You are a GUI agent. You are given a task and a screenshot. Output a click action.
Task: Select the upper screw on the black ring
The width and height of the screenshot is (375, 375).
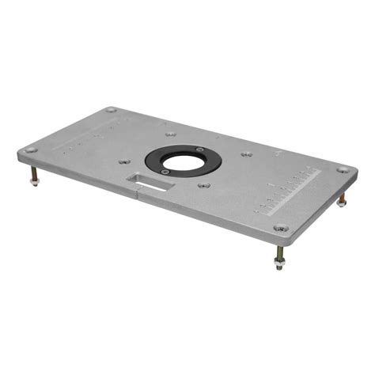[200, 149]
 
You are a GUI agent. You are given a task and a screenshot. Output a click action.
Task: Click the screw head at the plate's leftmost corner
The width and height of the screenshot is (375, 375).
[30, 150]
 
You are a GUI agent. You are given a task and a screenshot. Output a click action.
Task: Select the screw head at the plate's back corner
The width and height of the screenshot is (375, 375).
[111, 110]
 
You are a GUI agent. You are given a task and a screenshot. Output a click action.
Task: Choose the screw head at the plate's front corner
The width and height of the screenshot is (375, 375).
[280, 229]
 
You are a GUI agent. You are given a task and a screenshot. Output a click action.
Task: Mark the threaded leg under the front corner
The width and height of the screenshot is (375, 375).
[278, 252]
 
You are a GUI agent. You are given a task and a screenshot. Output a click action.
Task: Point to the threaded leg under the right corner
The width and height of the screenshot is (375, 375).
[342, 194]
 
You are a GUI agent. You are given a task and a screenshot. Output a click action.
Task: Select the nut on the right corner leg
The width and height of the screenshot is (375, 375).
[341, 203]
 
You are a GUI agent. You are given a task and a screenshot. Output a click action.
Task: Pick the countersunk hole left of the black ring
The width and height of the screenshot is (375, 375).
[123, 161]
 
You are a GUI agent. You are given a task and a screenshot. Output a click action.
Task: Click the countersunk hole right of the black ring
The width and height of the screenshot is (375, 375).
[247, 153]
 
